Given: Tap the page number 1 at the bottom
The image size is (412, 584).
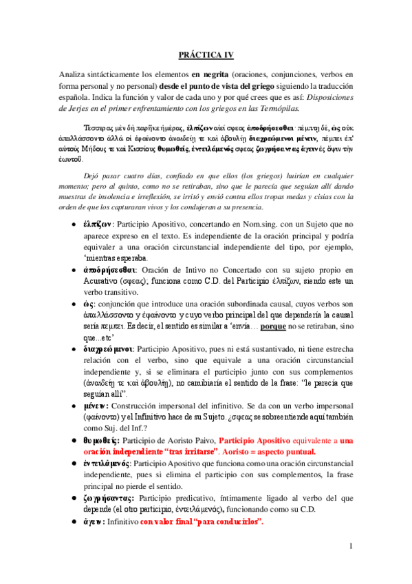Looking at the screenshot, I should pos(350,547).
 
